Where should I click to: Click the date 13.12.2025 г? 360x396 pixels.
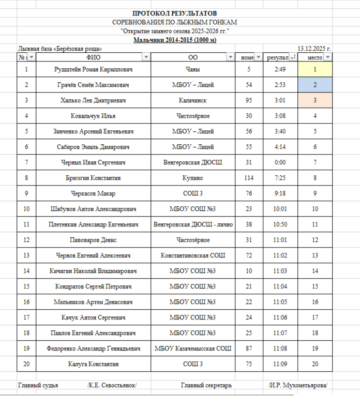coord(314,49)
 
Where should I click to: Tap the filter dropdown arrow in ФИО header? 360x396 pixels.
coord(146,57)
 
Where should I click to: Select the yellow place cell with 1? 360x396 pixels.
coord(315,69)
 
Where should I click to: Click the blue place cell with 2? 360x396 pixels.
coord(315,85)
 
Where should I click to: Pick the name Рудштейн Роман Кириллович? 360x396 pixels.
coord(94,69)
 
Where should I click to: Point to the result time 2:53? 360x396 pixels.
coord(280,85)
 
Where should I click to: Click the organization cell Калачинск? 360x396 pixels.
coord(193,100)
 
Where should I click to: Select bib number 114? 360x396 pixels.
coord(249,178)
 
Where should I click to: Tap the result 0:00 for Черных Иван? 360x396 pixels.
coord(280,162)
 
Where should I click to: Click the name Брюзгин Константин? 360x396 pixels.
coord(94,178)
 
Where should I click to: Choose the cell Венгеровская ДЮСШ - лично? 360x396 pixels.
coord(193,224)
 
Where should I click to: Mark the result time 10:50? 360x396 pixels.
coord(280,224)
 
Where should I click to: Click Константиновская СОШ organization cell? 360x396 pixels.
coord(193,255)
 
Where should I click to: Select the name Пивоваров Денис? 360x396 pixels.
coord(94,240)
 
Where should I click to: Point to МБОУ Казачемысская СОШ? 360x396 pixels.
coord(193,348)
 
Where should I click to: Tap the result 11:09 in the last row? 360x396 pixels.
coord(280,364)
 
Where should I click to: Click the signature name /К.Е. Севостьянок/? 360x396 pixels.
coord(112,385)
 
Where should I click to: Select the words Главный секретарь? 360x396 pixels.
coord(206,385)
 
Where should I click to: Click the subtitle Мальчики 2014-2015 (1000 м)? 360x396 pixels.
coord(174,40)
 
